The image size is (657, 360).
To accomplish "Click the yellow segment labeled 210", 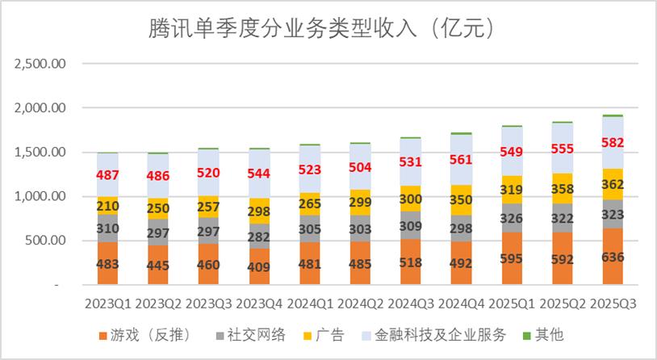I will coord(108,205).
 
